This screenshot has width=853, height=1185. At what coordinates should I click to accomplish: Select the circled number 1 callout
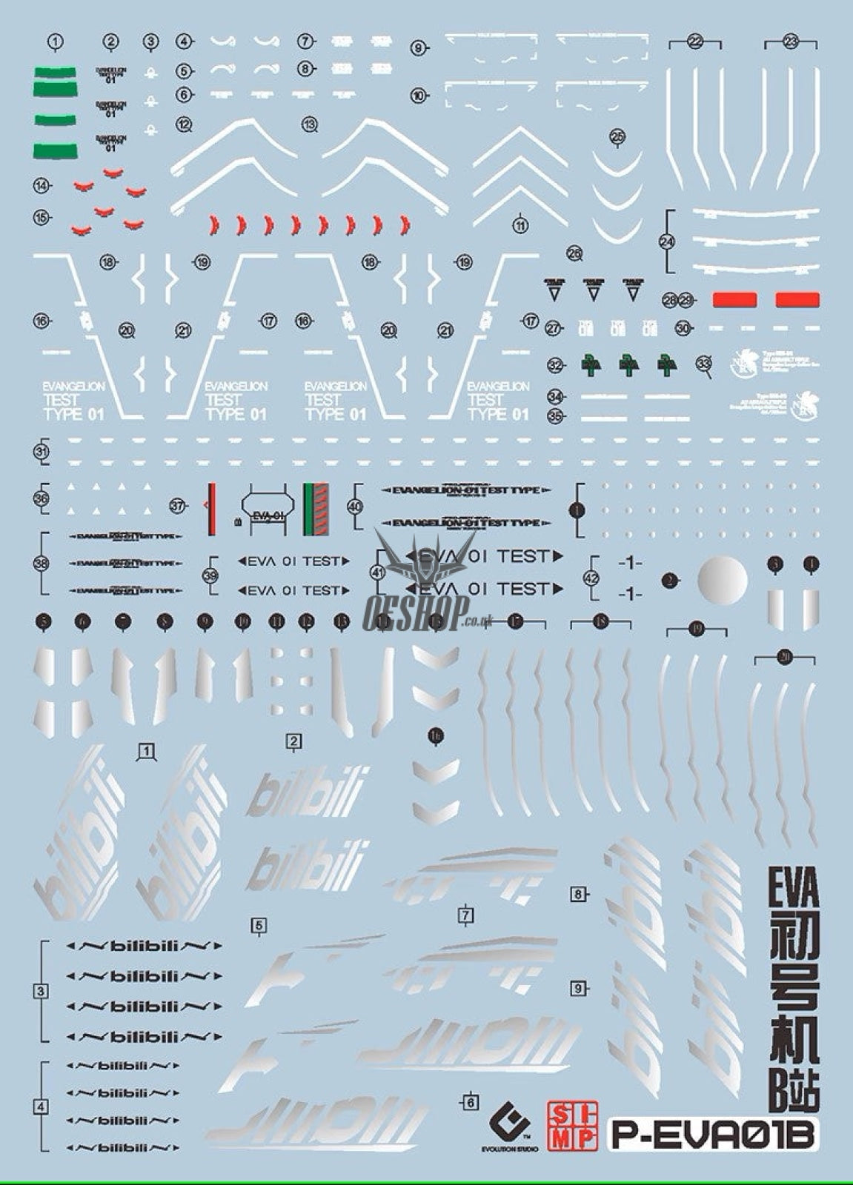tap(55, 42)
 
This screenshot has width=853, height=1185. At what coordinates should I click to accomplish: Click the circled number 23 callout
tap(790, 42)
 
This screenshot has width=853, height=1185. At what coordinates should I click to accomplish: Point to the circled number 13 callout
tap(310, 125)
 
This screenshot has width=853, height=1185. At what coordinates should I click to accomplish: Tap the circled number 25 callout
tap(617, 136)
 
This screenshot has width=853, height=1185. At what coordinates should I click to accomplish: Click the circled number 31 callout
tap(42, 452)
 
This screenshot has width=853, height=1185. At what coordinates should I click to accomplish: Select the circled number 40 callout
tap(355, 507)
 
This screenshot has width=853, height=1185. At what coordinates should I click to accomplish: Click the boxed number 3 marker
tap(41, 991)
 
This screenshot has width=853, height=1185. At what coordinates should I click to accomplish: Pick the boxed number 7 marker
tap(465, 915)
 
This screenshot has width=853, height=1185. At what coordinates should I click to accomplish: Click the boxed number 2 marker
tap(294, 741)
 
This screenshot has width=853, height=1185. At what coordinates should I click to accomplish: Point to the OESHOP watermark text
tap(415, 611)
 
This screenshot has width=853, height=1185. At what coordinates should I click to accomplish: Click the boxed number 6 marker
tap(470, 1103)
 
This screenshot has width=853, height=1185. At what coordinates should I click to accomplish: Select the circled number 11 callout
tap(520, 225)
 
